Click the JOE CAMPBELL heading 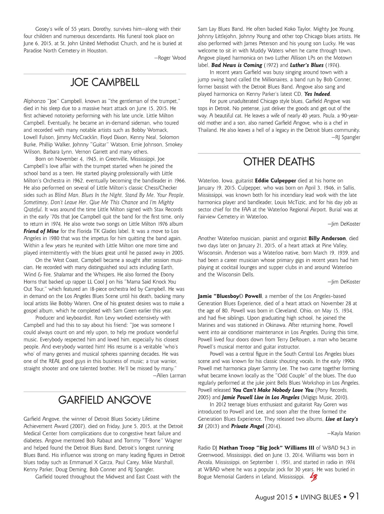105,82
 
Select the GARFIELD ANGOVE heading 105,400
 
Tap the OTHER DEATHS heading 279,162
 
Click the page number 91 354,496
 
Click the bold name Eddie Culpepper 275,181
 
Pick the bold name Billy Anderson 327,238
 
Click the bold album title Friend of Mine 41,231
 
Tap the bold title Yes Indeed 317,94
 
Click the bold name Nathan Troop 235,448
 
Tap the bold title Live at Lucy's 342,419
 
